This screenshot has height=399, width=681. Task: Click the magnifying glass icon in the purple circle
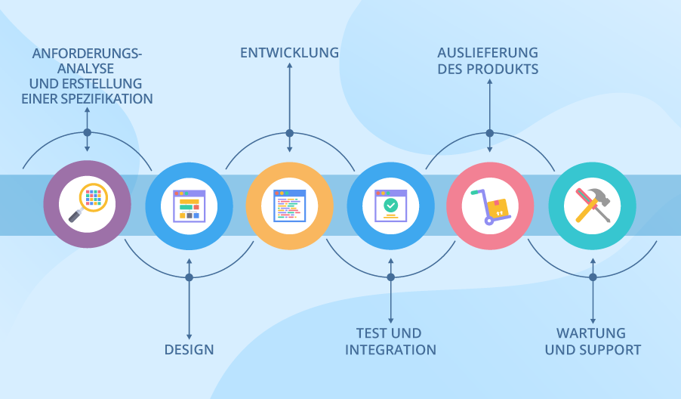(x=88, y=203)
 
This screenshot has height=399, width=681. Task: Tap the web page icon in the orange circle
(x=289, y=205)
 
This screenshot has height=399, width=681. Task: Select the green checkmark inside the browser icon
(x=390, y=204)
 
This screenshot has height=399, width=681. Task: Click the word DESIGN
(x=189, y=350)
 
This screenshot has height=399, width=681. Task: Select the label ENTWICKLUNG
(x=289, y=53)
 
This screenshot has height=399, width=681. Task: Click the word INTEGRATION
(x=390, y=350)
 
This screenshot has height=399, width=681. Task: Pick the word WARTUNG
(x=591, y=333)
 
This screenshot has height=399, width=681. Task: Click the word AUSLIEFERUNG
(x=488, y=53)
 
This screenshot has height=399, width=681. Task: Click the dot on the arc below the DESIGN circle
(x=189, y=277)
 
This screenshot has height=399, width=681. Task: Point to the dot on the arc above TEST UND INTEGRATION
(x=390, y=277)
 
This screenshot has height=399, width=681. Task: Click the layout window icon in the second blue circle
(x=189, y=205)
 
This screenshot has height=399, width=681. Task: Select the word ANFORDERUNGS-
(x=87, y=54)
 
